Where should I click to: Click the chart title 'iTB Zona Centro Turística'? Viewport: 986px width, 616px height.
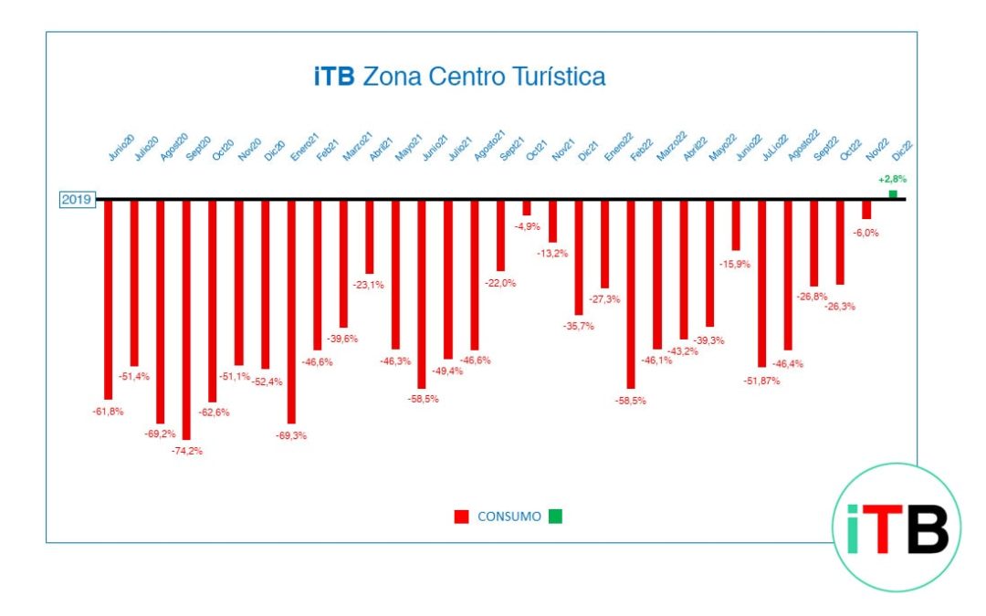[x=459, y=77]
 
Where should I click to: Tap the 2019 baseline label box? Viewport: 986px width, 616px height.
[x=79, y=199]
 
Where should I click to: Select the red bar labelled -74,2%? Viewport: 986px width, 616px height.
[x=187, y=319]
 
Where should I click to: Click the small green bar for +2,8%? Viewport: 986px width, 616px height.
[x=893, y=194]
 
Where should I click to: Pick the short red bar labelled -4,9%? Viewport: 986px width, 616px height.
[x=527, y=208]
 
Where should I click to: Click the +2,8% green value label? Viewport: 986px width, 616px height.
[x=892, y=180]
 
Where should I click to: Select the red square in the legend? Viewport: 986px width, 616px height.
[x=461, y=517]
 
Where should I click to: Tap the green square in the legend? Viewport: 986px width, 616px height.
[x=556, y=517]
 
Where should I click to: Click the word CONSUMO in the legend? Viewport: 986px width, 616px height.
[x=509, y=517]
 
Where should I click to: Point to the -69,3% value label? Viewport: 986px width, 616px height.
[x=291, y=435]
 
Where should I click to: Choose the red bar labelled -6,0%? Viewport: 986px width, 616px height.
[x=866, y=210]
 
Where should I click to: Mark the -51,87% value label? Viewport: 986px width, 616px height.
[x=761, y=381]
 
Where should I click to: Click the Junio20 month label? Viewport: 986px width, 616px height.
[x=121, y=149]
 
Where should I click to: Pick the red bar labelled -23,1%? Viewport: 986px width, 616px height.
[x=370, y=237]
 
